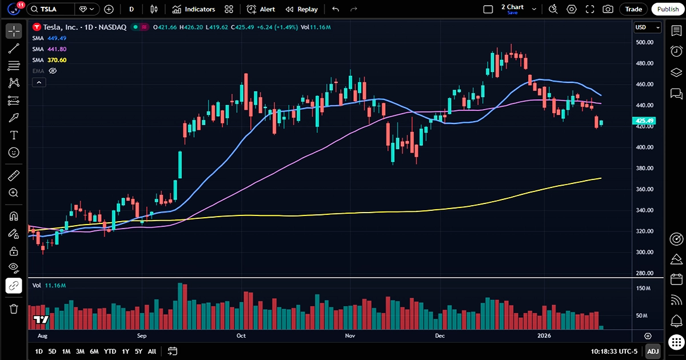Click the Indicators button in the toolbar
(194, 9)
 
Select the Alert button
(261, 9)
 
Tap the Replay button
(301, 9)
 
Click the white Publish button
(668, 9)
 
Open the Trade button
(633, 9)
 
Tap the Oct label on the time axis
(241, 336)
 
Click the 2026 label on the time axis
(544, 336)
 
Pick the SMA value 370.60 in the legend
(57, 60)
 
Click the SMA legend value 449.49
(57, 38)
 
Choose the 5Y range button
(138, 351)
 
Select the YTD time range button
(110, 351)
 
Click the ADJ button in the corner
(652, 351)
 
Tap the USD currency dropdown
(647, 27)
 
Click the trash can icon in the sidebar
(14, 309)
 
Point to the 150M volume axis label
(643, 289)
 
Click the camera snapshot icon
(608, 9)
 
